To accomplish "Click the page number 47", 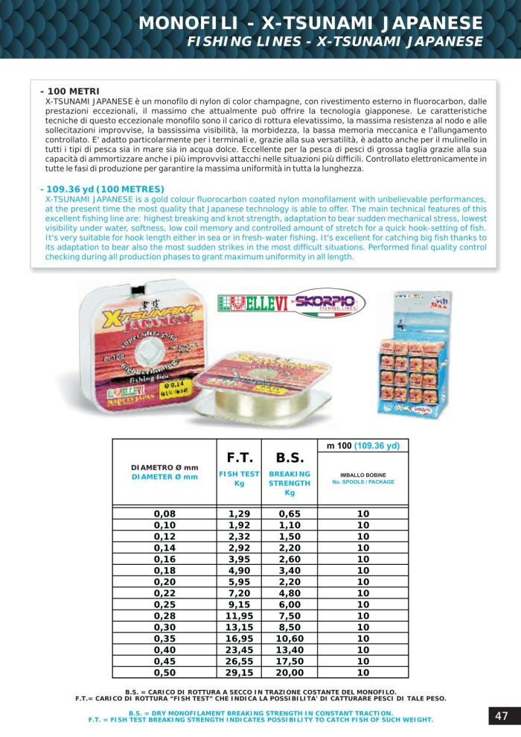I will (x=502, y=716).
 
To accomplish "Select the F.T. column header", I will (x=239, y=457).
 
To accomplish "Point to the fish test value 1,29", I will (x=239, y=514).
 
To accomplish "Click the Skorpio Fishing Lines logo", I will (x=328, y=303).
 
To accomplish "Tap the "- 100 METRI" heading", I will (x=70, y=91).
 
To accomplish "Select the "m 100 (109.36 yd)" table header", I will (x=363, y=446).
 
